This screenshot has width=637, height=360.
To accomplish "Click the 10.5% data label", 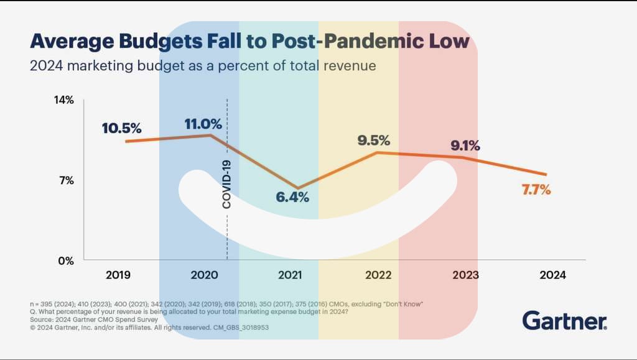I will coord(122,129).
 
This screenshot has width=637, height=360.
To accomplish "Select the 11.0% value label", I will coord(203,123).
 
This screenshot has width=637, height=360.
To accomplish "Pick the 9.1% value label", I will coord(465,146).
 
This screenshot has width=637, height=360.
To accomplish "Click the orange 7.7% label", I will coord(536,190).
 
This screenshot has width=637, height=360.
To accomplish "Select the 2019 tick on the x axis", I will coord(118,275).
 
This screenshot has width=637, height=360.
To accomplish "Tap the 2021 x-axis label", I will coord(290,275).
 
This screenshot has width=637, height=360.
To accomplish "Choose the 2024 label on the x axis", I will coord(553,275).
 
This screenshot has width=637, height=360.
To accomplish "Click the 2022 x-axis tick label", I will coord(378,275).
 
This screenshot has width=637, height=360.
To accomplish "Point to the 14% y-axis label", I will coord(64,100).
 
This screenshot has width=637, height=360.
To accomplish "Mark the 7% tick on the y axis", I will coord(67,180).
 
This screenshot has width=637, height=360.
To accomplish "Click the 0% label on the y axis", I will coord(66,261).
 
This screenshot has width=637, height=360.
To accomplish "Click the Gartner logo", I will coord(564,321).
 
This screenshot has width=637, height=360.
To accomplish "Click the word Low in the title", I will coord(448,42).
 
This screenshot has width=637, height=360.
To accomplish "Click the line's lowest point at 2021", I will coord(298,188).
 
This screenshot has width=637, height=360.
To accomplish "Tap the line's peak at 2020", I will coord(210,135).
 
